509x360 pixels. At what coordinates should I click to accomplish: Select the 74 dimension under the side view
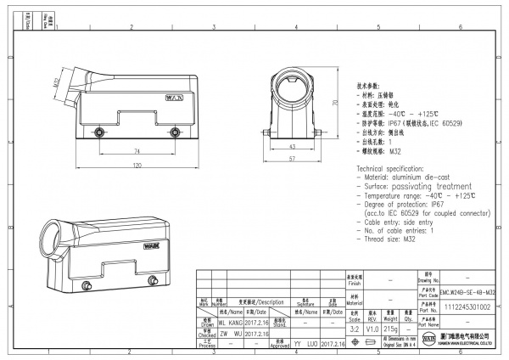coord(137,150)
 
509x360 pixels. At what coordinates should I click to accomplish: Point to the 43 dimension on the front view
coord(291,147)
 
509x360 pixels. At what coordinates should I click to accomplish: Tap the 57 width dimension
coord(291,159)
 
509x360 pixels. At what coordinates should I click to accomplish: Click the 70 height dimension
coord(334,102)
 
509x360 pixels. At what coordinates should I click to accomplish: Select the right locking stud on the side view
coord(175,132)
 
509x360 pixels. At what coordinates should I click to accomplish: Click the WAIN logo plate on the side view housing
coord(171,97)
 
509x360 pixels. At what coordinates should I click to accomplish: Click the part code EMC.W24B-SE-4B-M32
coord(468,291)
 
